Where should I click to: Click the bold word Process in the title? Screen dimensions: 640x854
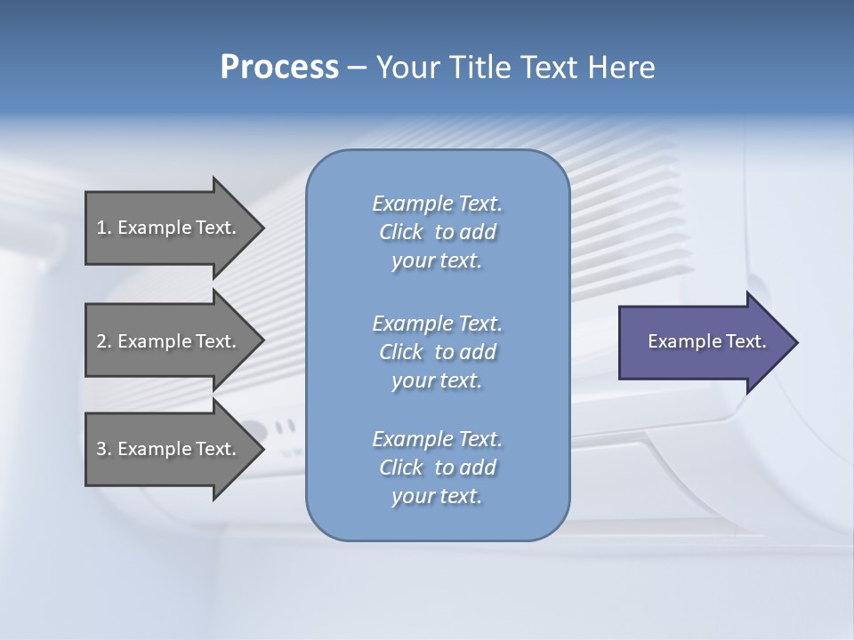coord(279,68)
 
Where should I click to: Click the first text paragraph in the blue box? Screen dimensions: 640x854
coord(437,232)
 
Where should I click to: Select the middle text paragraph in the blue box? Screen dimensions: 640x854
coord(437,352)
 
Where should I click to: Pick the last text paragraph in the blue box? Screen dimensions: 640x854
coord(437,468)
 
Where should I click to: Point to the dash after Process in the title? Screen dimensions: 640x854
coord(358,68)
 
